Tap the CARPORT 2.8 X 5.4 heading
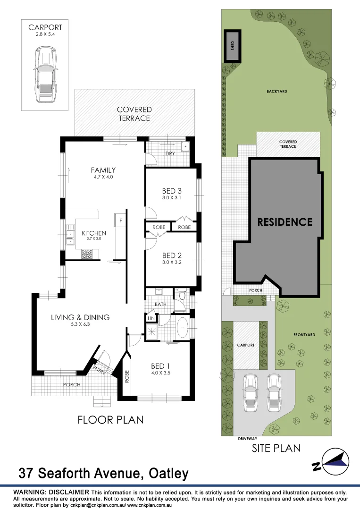click(45, 31)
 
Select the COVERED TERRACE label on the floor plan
click(134, 114)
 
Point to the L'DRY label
click(169, 154)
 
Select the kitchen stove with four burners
click(88, 255)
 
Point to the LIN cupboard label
click(151, 319)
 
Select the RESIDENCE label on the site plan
click(285, 222)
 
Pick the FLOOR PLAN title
click(110, 419)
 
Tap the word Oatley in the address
click(169, 473)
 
